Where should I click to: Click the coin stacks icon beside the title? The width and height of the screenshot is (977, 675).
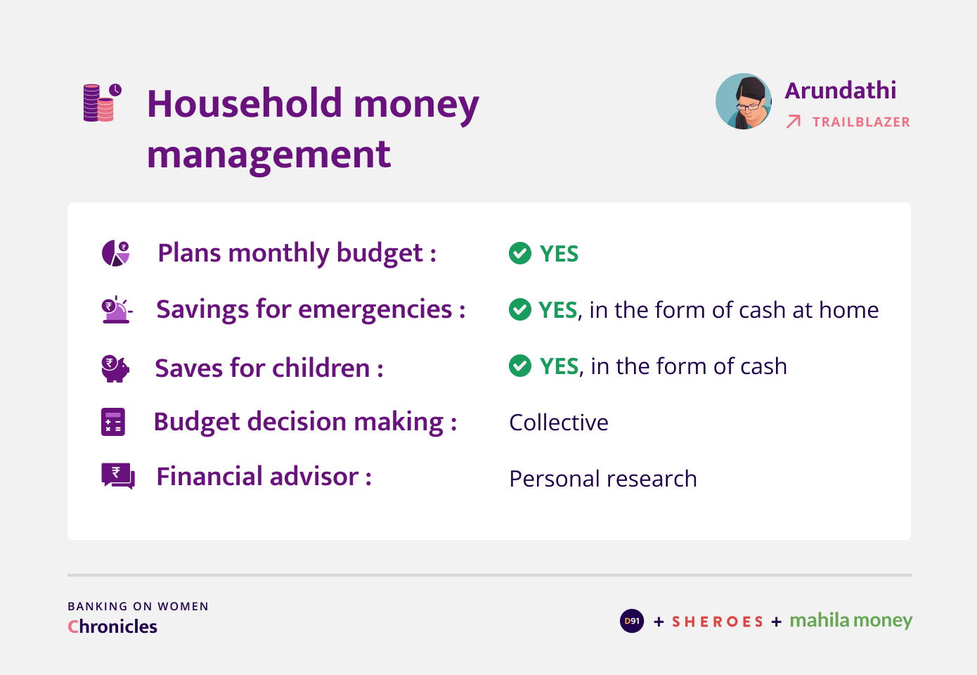pos(103,103)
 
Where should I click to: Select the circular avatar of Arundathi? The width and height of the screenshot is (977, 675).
pos(744,101)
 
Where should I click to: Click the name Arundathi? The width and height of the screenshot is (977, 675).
pos(840,91)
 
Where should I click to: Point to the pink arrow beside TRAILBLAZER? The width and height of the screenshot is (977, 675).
pos(794,122)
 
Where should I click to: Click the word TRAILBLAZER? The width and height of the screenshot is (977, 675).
pos(861,122)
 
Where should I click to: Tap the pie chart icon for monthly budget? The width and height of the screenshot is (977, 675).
pos(115,252)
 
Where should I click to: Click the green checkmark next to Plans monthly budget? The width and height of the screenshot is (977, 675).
pos(520,253)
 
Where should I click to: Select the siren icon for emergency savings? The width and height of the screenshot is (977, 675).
pos(117,310)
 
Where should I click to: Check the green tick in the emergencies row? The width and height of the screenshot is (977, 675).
pos(520,309)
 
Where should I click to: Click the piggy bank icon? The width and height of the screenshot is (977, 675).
pos(115,368)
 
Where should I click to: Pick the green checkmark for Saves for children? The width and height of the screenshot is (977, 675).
pos(520,366)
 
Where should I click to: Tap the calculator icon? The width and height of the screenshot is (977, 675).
pos(113,422)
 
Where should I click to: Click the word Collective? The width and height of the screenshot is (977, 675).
pos(559,423)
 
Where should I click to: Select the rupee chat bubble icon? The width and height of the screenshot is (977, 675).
pos(118,476)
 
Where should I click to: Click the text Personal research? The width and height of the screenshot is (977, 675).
pos(603,479)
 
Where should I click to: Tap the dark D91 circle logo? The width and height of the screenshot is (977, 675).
pos(632,621)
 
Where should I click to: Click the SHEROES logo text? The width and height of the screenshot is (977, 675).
pos(718,622)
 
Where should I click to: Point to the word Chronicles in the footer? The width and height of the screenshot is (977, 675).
pos(112,626)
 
